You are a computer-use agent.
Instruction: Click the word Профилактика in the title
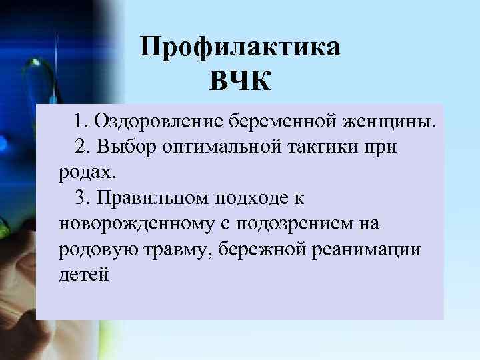[240, 48]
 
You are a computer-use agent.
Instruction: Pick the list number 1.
[80, 121]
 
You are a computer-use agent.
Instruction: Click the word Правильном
[152, 197]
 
